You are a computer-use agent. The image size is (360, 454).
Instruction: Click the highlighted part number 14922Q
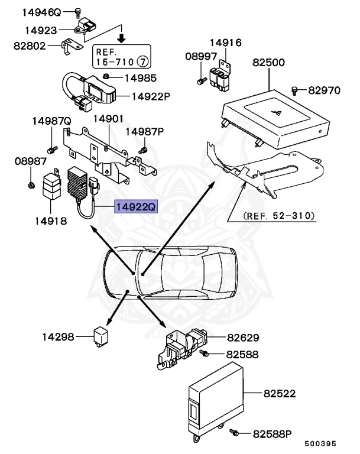coord(136,207)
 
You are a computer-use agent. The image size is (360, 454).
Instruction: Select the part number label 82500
coord(269,62)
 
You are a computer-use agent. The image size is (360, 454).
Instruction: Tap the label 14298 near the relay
coord(58,337)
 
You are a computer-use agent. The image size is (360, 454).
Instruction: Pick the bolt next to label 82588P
coord(235,434)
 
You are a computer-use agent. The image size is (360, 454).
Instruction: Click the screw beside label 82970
coord(294,90)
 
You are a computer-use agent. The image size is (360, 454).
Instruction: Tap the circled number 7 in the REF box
coord(142,61)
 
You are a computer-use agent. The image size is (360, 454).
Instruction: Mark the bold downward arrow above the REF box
coord(121,38)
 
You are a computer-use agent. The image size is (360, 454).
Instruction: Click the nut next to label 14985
coord(105,77)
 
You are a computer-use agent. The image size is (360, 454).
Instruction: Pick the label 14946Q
coord(42,12)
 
